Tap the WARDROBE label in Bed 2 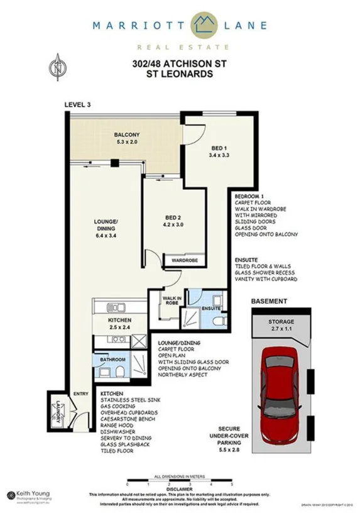click(x=182, y=258)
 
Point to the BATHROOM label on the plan click(x=114, y=359)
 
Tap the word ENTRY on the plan click(x=81, y=394)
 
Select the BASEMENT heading click(x=270, y=301)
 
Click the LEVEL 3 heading click(x=78, y=104)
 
